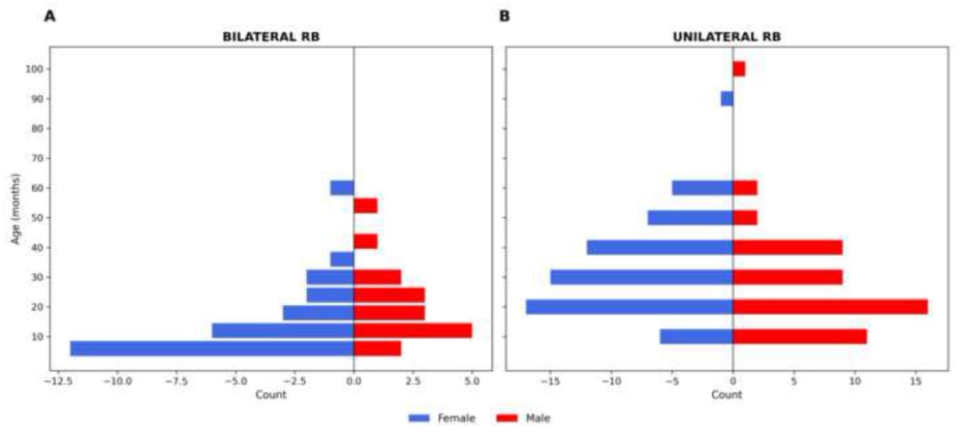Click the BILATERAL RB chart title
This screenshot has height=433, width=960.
pyautogui.click(x=270, y=36)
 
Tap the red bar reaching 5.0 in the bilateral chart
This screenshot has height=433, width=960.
pyautogui.click(x=412, y=331)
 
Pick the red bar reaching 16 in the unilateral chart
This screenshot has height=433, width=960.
pyautogui.click(x=830, y=307)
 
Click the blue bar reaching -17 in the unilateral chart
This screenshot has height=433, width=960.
pyautogui.click(x=629, y=307)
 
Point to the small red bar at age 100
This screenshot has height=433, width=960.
pyautogui.click(x=739, y=68)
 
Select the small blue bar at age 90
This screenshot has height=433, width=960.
pyautogui.click(x=727, y=99)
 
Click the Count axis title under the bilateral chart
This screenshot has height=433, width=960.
pyautogui.click(x=270, y=394)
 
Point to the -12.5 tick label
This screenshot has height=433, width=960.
pyautogui.click(x=58, y=381)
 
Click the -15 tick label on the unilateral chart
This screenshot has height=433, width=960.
pyautogui.click(x=550, y=381)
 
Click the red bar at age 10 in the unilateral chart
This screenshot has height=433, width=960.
pyautogui.click(x=800, y=337)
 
